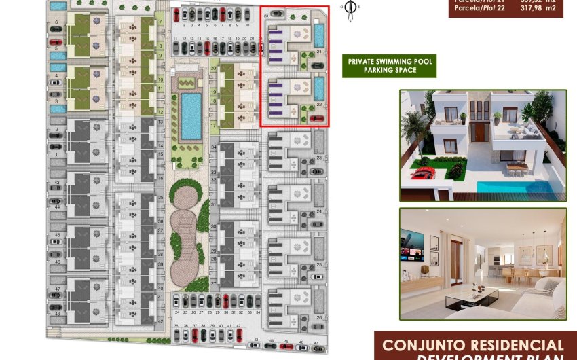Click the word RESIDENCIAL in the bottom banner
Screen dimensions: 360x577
[519, 346]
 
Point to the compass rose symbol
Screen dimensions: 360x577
[350, 8]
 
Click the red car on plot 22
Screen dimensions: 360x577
[316, 118]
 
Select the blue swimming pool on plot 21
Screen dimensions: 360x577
[319, 35]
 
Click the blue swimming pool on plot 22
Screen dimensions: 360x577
[319, 88]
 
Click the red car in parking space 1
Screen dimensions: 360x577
[176, 14]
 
